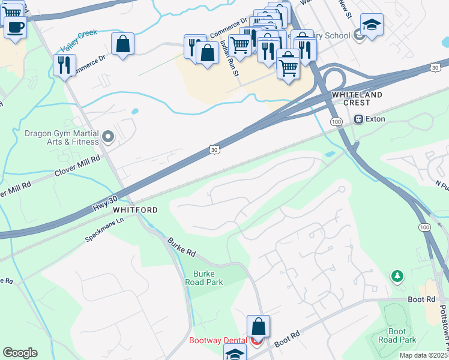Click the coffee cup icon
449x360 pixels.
(15, 26)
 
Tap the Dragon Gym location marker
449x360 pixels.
(109, 137)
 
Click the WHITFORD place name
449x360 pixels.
(135, 210)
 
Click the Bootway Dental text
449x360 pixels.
(217, 340)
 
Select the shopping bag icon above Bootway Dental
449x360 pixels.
(258, 327)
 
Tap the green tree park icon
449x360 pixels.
(396, 276)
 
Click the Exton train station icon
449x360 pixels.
(359, 119)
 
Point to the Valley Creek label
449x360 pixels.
(79, 41)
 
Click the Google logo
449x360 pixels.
(20, 353)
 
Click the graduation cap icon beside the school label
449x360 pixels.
(372, 25)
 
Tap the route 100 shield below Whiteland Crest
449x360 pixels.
(337, 122)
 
